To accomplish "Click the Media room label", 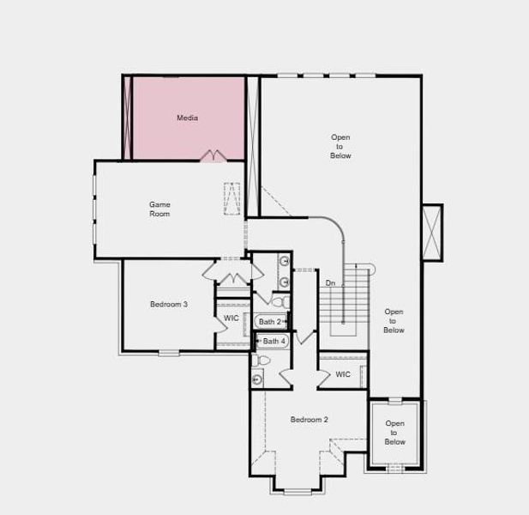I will [x=187, y=118].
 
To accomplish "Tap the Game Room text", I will [x=159, y=209].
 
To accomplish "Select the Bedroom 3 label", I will [x=169, y=304].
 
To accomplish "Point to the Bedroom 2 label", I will [x=309, y=419].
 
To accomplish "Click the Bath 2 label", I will [x=270, y=322].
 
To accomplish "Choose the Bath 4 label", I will [x=274, y=341].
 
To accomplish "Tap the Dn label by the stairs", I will [x=330, y=283].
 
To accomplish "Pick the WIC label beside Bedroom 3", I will [x=231, y=318].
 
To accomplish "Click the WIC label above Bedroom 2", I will [x=343, y=374].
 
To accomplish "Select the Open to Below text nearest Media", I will [x=340, y=146].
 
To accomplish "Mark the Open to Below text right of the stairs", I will [x=394, y=321].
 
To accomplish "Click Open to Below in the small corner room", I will [x=394, y=433].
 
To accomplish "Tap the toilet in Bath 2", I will [x=279, y=300].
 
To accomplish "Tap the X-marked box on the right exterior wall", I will [x=432, y=232].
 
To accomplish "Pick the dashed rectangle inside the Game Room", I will [x=232, y=198].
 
